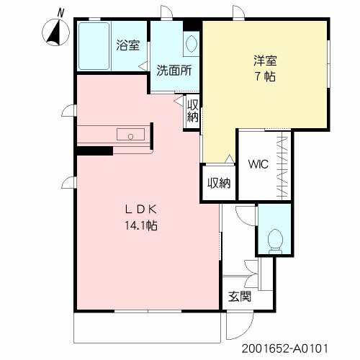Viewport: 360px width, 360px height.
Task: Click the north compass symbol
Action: pyautogui.click(x=55, y=32)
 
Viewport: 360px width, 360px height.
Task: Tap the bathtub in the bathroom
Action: pyautogui.click(x=94, y=46)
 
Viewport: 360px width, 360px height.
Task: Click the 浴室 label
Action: pyautogui.click(x=128, y=45)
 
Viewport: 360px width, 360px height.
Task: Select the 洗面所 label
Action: pyautogui.click(x=174, y=71)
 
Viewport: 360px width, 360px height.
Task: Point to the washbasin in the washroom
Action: pyautogui.click(x=192, y=44)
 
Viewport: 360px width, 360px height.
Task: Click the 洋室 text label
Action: pyautogui.click(x=265, y=60)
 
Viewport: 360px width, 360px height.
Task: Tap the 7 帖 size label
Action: pyautogui.click(x=265, y=76)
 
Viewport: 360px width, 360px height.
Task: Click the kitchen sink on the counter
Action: pyautogui.click(x=130, y=134)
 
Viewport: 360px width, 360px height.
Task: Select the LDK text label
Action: pyautogui.click(x=141, y=210)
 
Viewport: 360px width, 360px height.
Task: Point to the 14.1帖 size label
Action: pyautogui.click(x=141, y=225)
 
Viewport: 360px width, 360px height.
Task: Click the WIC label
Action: pyautogui.click(x=258, y=164)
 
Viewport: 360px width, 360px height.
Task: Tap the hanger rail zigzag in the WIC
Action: pyautogui.click(x=282, y=166)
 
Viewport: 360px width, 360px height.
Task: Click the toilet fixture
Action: pyautogui.click(x=275, y=241)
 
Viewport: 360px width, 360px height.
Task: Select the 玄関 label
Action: pyautogui.click(x=240, y=297)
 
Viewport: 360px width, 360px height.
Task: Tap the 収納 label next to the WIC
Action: pyautogui.click(x=219, y=183)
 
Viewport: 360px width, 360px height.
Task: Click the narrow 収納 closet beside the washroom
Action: pyautogui.click(x=193, y=112)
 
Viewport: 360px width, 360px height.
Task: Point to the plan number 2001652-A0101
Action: pyautogui.click(x=284, y=348)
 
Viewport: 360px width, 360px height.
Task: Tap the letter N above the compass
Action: pyautogui.click(x=60, y=13)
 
